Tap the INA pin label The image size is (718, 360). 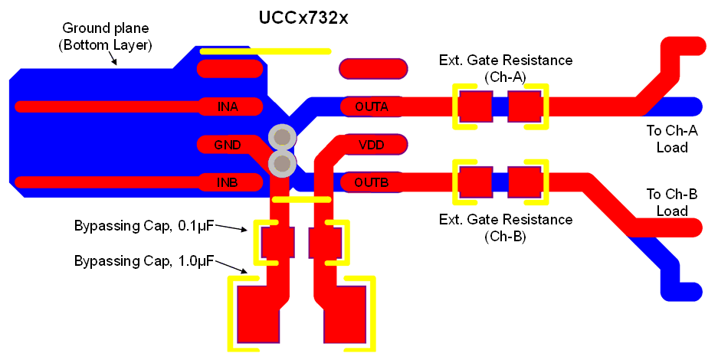click(x=228, y=106)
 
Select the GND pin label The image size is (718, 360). click(x=228, y=145)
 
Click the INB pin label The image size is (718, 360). click(x=228, y=182)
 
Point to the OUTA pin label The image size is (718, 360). click(x=372, y=106)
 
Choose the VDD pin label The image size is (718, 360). click(x=372, y=145)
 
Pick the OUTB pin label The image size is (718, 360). click(x=372, y=182)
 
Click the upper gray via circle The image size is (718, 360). click(x=282, y=138)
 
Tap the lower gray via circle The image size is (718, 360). click(x=282, y=162)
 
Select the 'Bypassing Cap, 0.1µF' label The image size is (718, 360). click(x=143, y=226)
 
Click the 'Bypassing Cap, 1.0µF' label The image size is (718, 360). click(x=143, y=261)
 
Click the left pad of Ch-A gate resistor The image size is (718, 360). click(x=475, y=106)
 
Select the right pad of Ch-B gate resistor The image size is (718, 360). click(x=525, y=183)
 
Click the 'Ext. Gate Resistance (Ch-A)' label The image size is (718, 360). click(x=505, y=67)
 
